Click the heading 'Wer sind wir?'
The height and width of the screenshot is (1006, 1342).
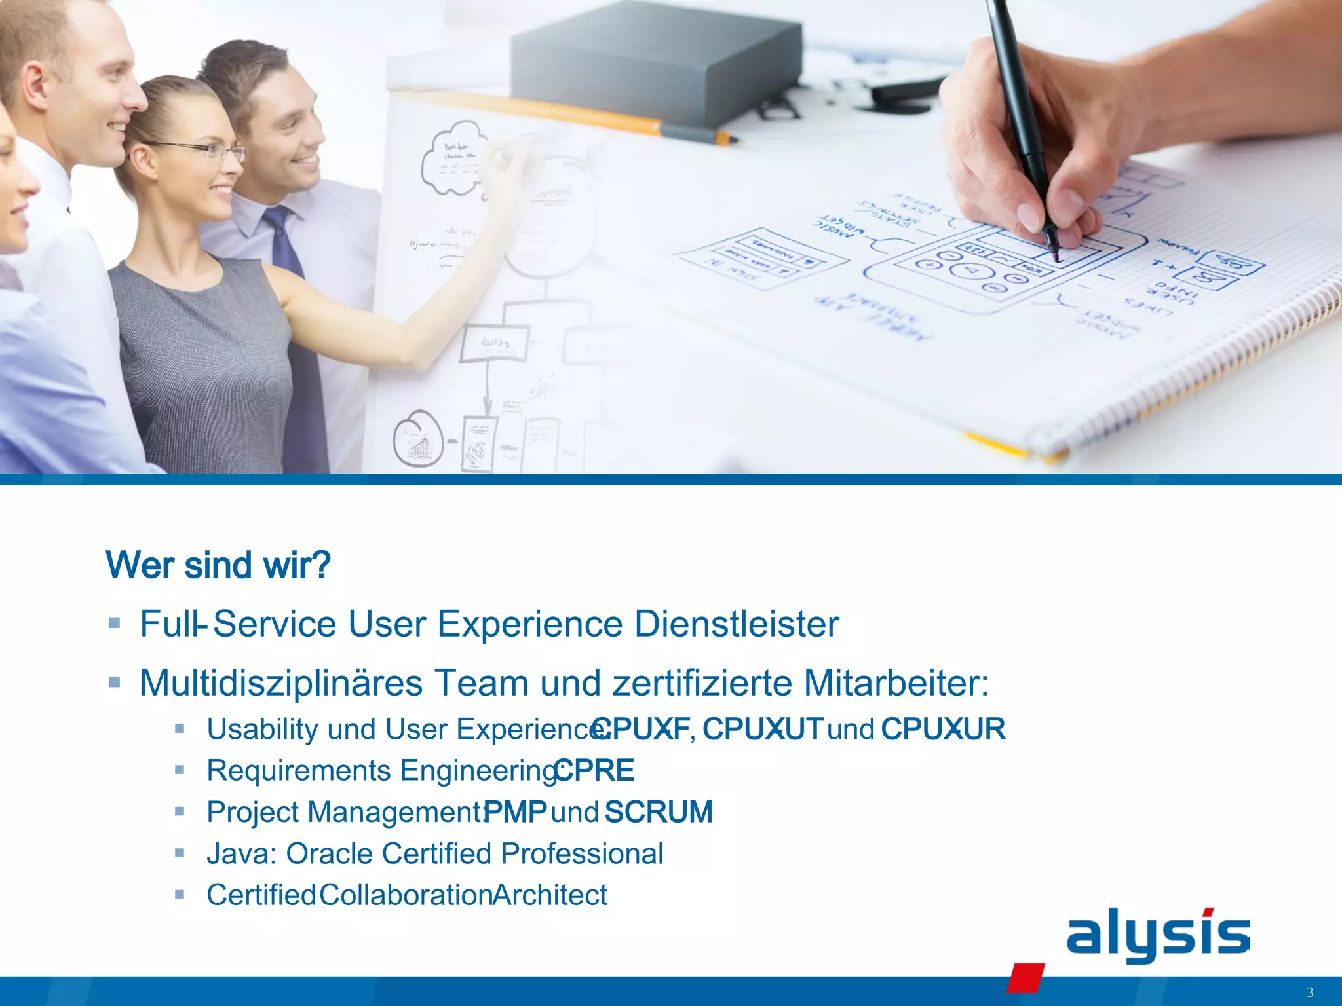(218, 565)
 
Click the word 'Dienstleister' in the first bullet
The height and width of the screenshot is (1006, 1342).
(737, 624)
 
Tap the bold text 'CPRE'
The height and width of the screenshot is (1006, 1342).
(595, 771)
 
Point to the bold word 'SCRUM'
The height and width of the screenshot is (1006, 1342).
(659, 812)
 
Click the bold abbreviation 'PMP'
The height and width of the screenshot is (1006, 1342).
(516, 812)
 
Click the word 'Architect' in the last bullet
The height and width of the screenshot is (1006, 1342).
(550, 895)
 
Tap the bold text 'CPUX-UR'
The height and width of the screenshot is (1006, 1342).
(943, 729)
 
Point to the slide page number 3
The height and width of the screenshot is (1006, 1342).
(1309, 992)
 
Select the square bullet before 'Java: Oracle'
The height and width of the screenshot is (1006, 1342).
(180, 853)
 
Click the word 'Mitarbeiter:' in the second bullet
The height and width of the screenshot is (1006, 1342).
(896, 683)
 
